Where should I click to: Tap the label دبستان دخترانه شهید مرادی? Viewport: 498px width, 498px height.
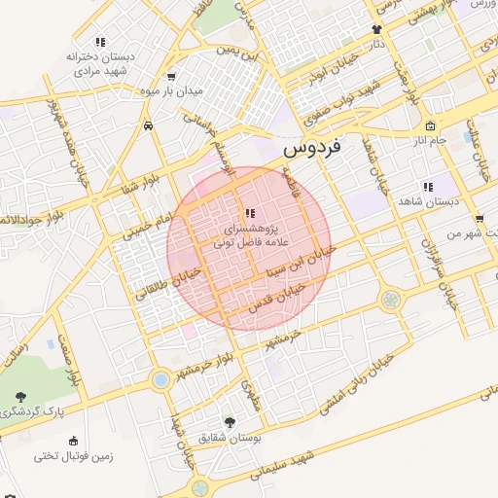click(x=97, y=64)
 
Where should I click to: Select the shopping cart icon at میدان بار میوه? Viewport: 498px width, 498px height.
click(x=172, y=76)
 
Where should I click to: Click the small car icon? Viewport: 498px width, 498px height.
click(x=147, y=125)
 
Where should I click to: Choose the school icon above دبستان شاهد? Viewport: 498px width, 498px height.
click(x=427, y=187)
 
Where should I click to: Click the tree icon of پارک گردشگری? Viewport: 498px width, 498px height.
click(x=20, y=395)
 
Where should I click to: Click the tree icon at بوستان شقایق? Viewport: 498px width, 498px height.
click(x=230, y=421)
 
